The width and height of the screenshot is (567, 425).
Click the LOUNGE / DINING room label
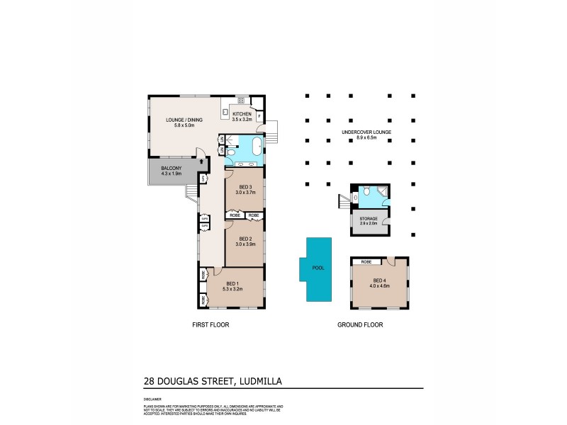[x=184, y=120]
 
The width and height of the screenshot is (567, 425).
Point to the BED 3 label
[x=245, y=186]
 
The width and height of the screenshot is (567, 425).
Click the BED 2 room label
[x=245, y=239]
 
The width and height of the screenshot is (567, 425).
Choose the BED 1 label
[x=233, y=283]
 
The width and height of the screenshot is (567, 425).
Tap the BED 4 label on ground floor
[x=381, y=280]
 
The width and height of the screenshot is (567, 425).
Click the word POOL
[x=318, y=268]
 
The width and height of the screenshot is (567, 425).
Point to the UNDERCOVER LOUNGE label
[x=366, y=132]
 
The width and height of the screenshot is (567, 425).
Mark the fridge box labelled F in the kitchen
[x=259, y=115]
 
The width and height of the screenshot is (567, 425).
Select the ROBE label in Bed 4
[x=366, y=262]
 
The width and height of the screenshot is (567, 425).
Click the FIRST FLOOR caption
[x=210, y=324]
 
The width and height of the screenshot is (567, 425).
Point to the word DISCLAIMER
[x=152, y=399]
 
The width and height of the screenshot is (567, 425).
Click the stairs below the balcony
[x=191, y=193]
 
